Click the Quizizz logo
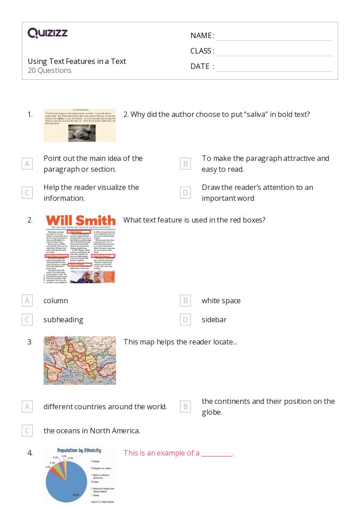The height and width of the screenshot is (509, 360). tap(48, 33)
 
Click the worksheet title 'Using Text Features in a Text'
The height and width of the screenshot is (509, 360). tap(77, 61)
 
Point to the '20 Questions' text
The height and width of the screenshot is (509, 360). tap(49, 70)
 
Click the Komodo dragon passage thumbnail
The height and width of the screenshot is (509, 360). tap(79, 125)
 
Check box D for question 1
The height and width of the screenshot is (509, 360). tap(185, 193)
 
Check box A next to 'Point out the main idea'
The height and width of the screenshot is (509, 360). tap(27, 164)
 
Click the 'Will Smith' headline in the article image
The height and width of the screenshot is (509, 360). tap(80, 221)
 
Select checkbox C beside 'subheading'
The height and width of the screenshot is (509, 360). tap(27, 320)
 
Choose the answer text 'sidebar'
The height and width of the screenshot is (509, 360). tap(214, 320)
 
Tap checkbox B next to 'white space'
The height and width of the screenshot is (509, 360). tap(185, 301)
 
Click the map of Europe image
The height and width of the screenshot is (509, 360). tap(79, 360)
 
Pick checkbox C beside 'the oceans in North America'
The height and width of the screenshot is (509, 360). tap(27, 431)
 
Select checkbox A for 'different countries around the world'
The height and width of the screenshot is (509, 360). tap(27, 407)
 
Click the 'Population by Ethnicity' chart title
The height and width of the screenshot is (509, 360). tap(79, 451)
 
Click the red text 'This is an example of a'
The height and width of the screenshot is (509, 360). tap(161, 453)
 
